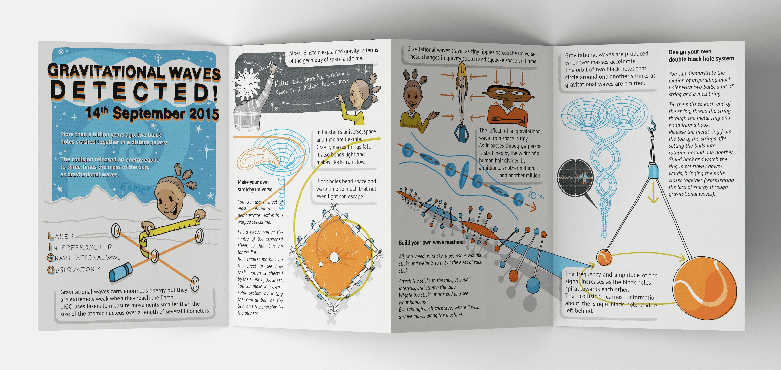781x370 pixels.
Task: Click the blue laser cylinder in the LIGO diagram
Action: pos(120,272)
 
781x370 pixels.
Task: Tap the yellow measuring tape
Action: pos(170,231)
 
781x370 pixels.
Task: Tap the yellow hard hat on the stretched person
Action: pos(461,70)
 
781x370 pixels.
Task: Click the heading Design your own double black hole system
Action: pos(701,55)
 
